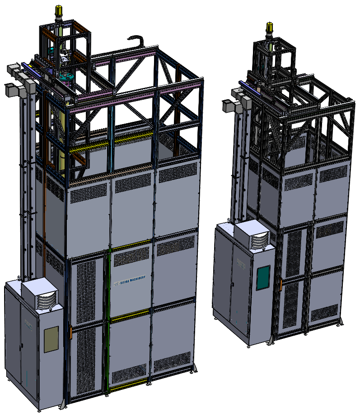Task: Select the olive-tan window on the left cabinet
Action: [x=51, y=339]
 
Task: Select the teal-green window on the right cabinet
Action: [x=263, y=277]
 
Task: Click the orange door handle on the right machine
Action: [x=281, y=284]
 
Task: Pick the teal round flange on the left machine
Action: [x=66, y=77]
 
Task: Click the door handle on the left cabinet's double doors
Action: [x=20, y=346]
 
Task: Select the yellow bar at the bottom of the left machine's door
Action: [x=129, y=387]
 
